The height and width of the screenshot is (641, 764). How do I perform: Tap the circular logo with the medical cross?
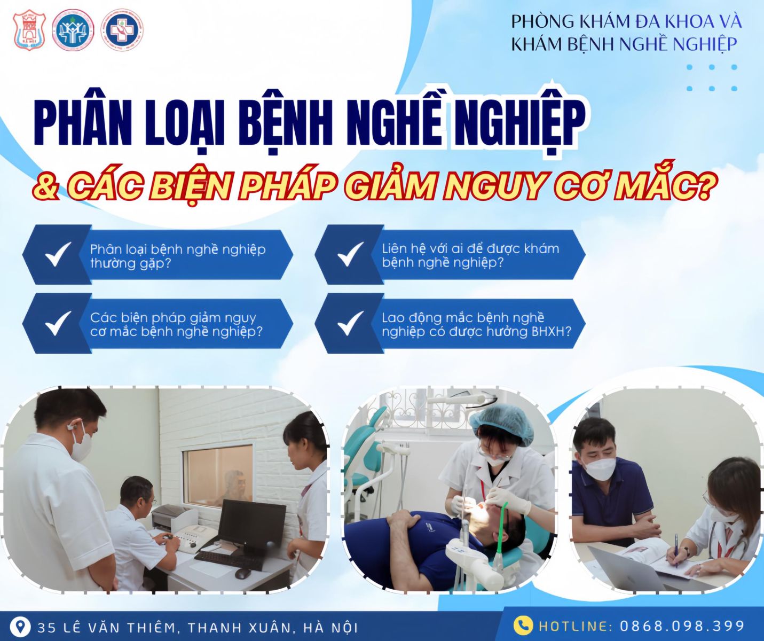point(122,30)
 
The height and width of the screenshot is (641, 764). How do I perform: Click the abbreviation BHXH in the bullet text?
point(550,332)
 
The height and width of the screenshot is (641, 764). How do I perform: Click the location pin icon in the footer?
point(20,626)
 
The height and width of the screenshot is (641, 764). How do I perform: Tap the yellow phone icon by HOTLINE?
point(523,626)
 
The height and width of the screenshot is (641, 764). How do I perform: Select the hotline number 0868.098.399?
point(682,626)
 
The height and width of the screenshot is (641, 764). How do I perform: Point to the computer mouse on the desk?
point(242,573)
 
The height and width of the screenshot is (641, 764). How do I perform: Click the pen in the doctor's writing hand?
point(676,548)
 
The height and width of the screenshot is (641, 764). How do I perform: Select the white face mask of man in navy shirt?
point(600,468)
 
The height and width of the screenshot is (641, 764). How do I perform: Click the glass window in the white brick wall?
point(218,475)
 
